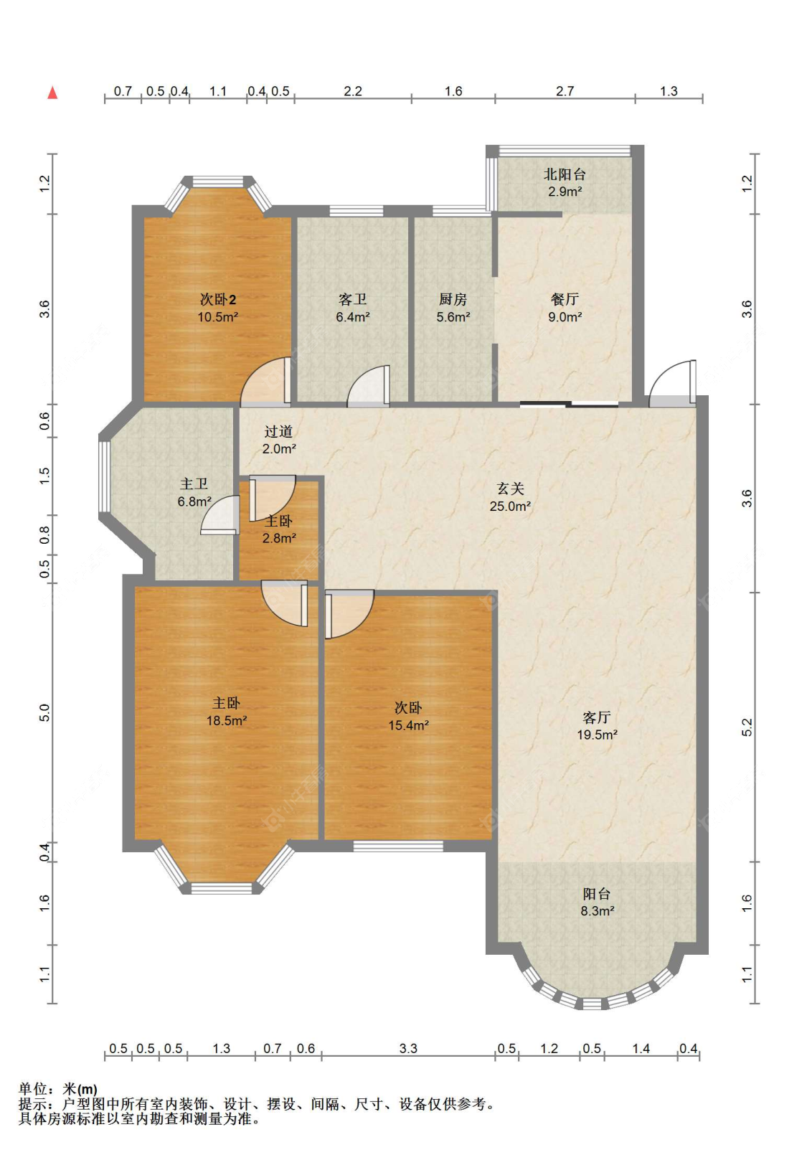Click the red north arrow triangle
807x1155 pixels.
[52, 93]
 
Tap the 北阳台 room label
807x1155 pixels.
[565, 174]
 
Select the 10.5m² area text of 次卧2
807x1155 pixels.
[217, 317]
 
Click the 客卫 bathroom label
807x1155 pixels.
[353, 299]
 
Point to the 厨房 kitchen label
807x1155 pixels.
[453, 299]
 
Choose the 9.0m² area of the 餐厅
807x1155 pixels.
[565, 317]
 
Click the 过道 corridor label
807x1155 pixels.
[278, 431]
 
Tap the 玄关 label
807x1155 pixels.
[510, 489]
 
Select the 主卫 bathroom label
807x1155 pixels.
[194, 484]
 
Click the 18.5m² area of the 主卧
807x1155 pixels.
[227, 720]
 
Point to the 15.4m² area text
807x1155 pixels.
[408, 725]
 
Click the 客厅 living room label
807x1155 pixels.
[597, 717]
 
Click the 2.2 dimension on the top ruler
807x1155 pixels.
[353, 91]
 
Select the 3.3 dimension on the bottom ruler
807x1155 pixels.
[408, 1048]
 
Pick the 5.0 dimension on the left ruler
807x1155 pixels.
[45, 712]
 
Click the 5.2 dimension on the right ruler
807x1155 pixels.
[747, 727]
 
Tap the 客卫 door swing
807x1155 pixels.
[368, 387]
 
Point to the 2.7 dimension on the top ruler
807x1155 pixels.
[565, 91]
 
